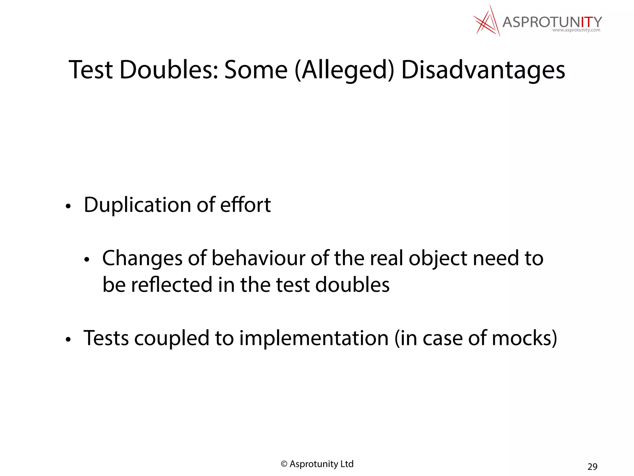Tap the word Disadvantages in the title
point(483,70)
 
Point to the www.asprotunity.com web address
point(576,30)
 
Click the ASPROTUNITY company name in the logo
point(552,22)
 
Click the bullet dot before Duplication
point(68,206)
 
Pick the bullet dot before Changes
point(87,260)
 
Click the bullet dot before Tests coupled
point(68,340)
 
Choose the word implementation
point(314,338)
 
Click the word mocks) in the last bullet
point(524,338)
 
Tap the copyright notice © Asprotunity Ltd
point(317,464)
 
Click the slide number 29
point(592,466)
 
